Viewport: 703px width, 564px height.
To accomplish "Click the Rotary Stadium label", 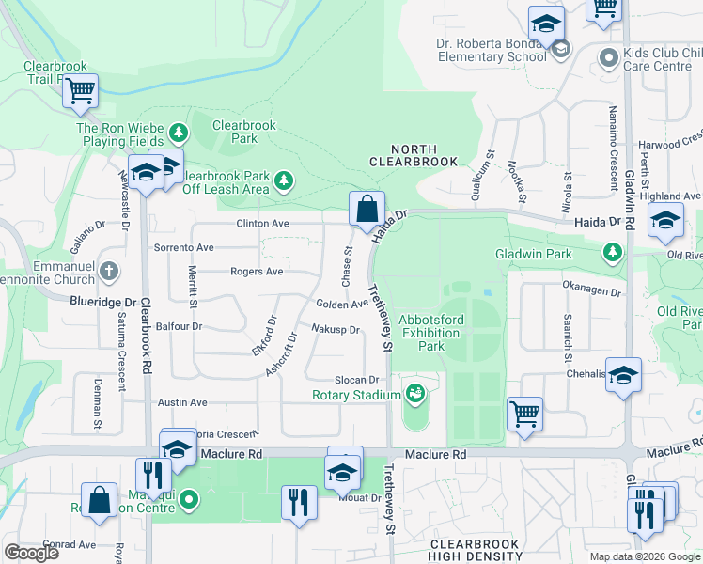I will click(x=356, y=395).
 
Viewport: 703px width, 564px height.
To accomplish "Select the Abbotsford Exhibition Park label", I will click(x=430, y=333).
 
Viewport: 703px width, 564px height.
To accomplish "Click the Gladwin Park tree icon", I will click(x=613, y=252).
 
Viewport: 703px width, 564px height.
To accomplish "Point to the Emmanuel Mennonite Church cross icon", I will click(x=110, y=272).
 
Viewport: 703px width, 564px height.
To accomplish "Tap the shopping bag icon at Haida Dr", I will click(x=366, y=208).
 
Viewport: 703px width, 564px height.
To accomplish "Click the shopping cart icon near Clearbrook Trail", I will click(x=82, y=91).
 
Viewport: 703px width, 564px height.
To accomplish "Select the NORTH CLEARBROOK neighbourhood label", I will click(x=414, y=155).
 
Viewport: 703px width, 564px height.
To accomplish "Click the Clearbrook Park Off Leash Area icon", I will click(x=283, y=179).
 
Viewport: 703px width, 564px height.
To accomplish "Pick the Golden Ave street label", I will click(x=342, y=304).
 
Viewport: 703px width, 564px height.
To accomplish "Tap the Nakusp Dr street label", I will click(x=336, y=330).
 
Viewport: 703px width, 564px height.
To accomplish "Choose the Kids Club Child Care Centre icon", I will click(x=609, y=57).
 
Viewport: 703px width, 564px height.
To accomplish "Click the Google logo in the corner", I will click(x=31, y=553).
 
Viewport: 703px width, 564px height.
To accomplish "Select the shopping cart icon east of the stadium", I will click(x=524, y=413).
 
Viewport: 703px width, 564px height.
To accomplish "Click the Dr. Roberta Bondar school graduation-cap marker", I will click(x=545, y=24).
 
